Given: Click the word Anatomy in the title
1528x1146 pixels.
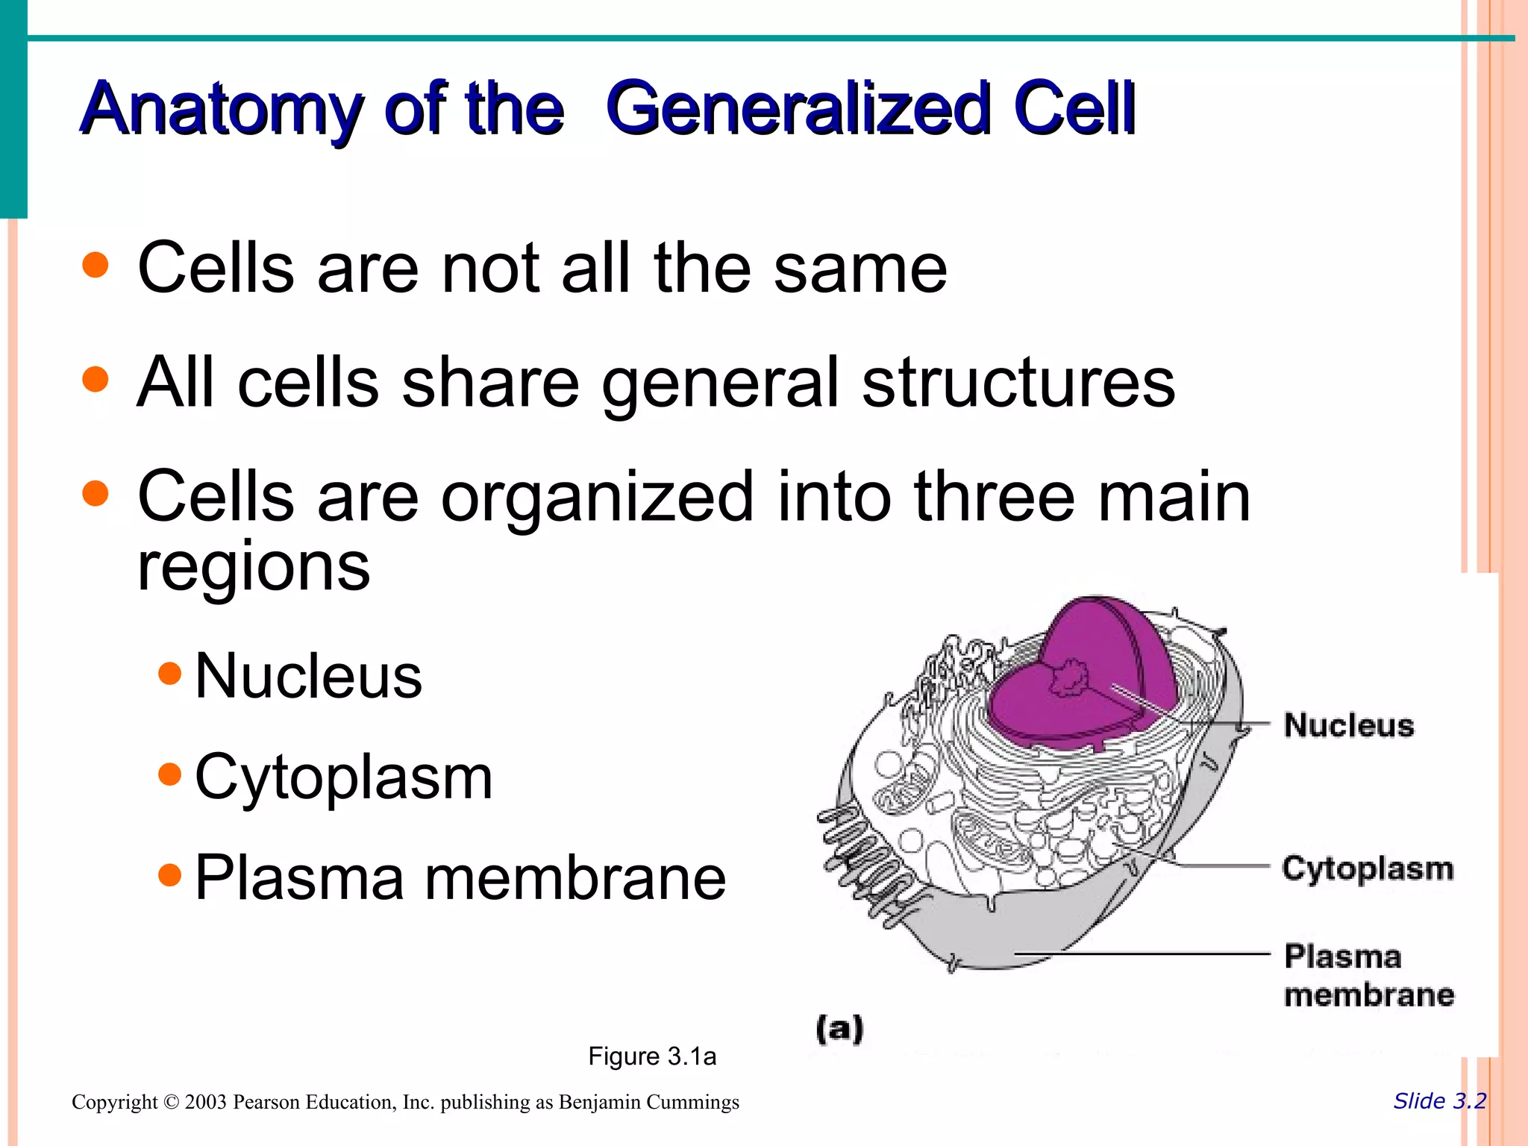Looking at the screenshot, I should tap(221, 110).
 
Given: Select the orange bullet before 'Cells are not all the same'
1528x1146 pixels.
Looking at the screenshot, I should tap(95, 265).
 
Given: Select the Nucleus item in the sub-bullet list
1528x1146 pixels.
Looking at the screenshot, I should tap(308, 676).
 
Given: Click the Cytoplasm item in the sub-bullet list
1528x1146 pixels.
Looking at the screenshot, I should tap(343, 777).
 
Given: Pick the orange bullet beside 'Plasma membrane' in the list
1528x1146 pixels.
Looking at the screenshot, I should tap(170, 874).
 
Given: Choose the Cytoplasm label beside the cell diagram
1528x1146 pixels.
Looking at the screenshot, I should tap(1368, 868).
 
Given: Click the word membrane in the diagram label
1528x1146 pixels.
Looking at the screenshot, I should tap(1369, 995).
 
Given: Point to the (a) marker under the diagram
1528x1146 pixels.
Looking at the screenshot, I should tap(839, 1029).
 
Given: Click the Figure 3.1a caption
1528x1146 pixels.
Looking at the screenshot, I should tap(652, 1056).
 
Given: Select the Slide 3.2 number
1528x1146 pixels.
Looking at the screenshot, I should tap(1439, 1101).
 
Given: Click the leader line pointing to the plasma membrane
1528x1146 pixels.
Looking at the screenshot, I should tap(1142, 954).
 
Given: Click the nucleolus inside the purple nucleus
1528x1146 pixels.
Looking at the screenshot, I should tap(1070, 677).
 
